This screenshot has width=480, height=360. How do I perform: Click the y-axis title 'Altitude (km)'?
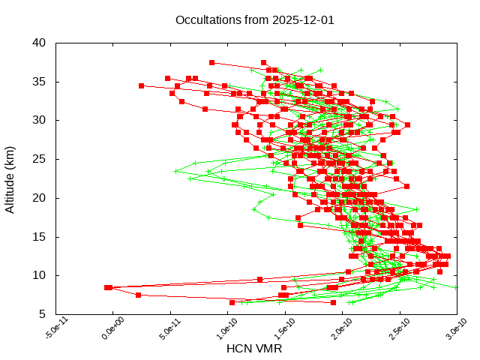point(10,178)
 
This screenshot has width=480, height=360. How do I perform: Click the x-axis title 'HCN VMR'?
point(254,349)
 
